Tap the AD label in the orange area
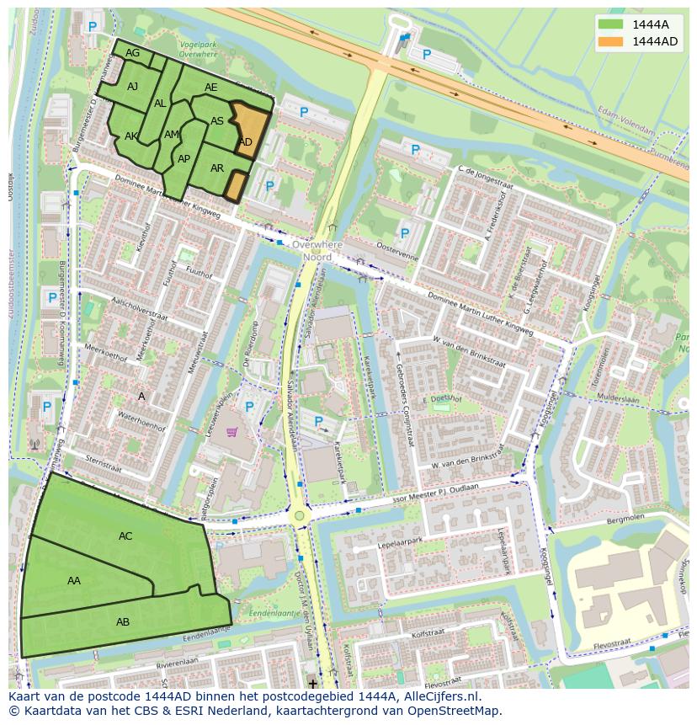coord(246,141)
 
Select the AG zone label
coord(132,53)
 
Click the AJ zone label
coord(133,87)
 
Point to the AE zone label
coord(211,88)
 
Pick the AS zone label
coord(217,121)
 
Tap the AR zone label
coord(217,168)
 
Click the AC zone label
coord(125,536)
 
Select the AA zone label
coord(74,580)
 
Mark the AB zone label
coord(123,622)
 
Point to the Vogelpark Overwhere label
coord(198,48)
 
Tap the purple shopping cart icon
coord(231,432)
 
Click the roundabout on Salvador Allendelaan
coord(299,515)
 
